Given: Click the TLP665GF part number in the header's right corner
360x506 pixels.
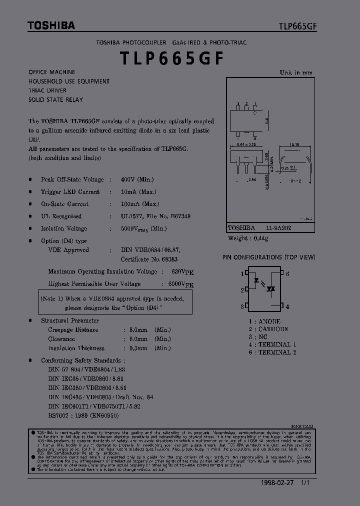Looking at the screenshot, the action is pos(297,26).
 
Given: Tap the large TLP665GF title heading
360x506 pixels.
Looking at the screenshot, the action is pos(171,58).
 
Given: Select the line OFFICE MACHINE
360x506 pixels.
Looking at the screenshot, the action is pos(52,72).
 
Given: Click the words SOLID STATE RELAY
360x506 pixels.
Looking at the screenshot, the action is pos(56,99).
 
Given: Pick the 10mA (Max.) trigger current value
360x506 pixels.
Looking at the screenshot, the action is pos(138,191).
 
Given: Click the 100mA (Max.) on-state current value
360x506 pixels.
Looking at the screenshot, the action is pos(140,204).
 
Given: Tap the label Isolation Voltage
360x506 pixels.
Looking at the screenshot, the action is pos(64,228).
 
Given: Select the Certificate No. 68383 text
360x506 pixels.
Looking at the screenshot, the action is pos(149,259).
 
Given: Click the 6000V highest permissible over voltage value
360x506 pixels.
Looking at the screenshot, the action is pos(177,284).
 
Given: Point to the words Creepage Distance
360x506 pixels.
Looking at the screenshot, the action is pos(73,330).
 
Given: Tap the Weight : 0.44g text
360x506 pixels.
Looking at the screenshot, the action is pos(248,238).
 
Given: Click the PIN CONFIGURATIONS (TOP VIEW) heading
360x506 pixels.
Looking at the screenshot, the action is pos(269,257).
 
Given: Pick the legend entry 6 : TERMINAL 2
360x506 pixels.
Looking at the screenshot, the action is pos(272,352).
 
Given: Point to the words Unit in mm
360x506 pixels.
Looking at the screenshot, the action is pos(296,72).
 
